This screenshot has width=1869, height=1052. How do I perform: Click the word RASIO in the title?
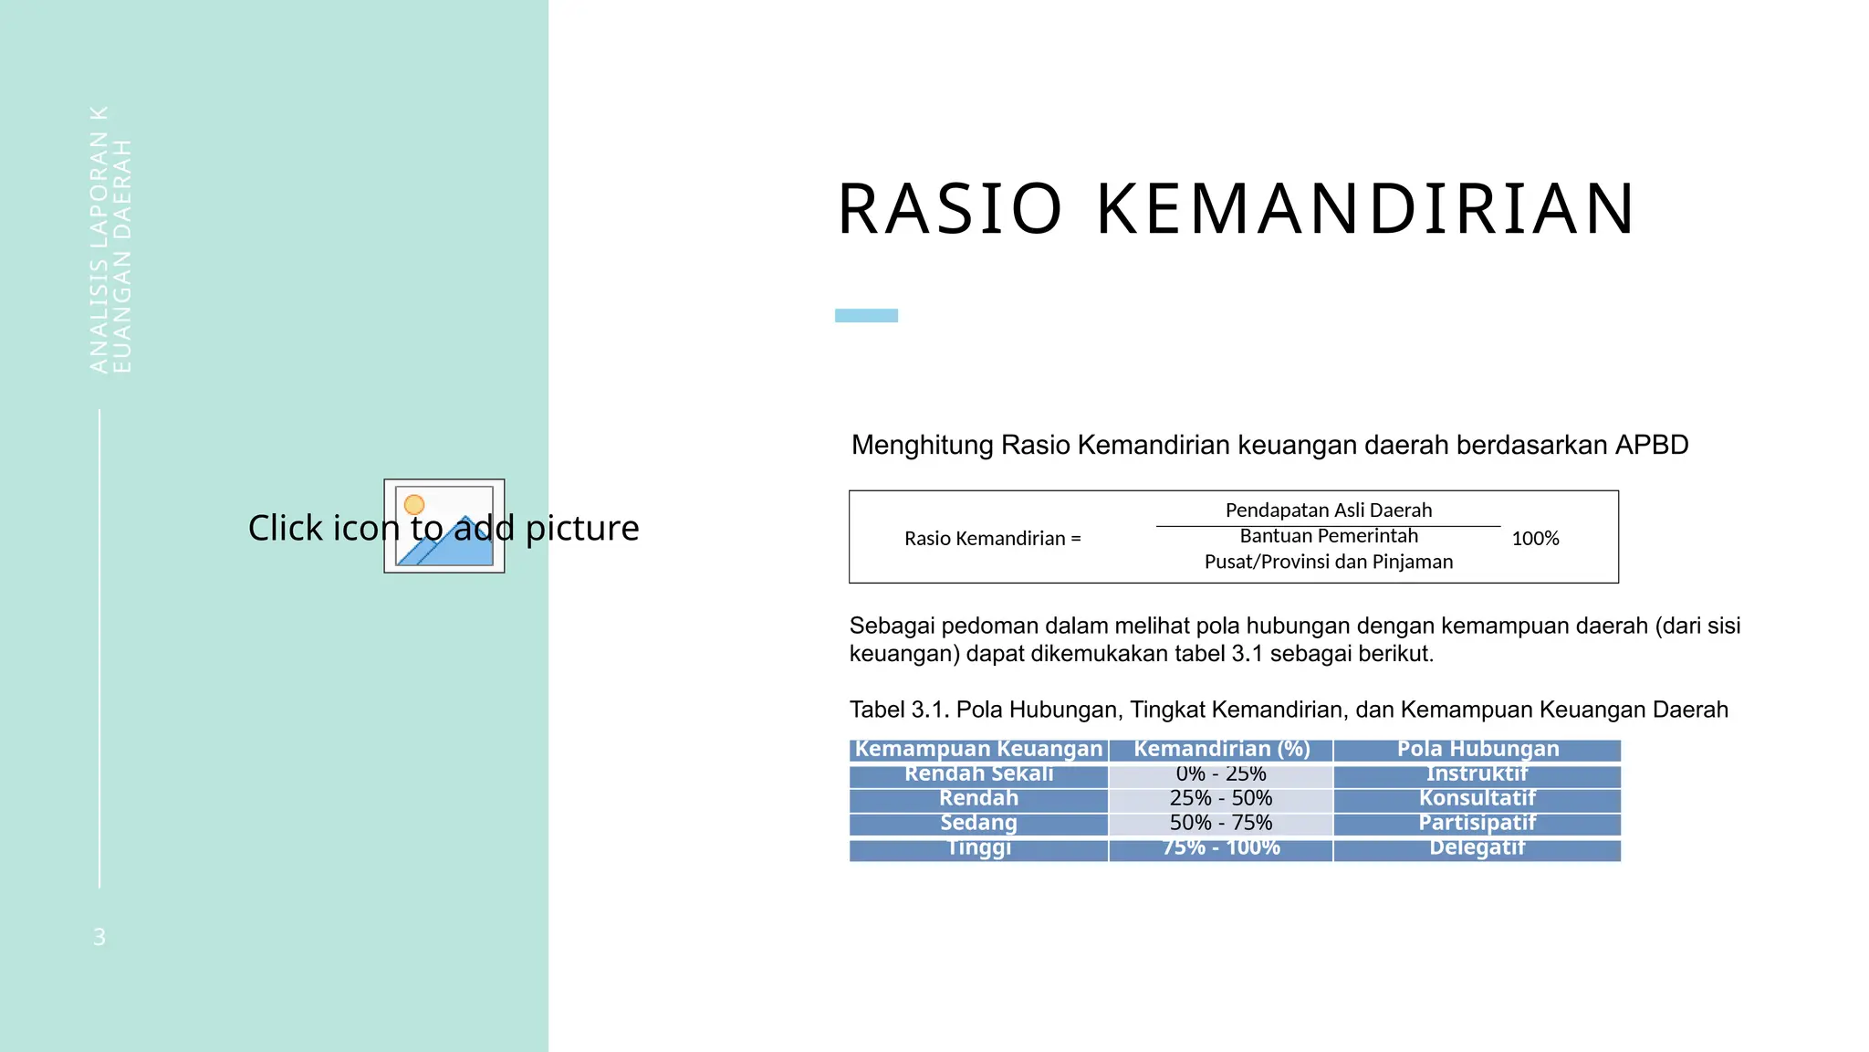(950, 210)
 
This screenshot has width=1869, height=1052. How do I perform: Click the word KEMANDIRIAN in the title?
(1366, 210)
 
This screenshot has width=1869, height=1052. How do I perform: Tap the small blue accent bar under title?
(866, 315)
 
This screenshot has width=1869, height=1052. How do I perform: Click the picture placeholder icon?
(444, 526)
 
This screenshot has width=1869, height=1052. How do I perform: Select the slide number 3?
(99, 937)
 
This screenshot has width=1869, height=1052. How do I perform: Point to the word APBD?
(1651, 446)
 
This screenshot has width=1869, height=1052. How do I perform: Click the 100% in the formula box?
(1535, 539)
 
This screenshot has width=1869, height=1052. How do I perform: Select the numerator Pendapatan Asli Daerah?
(1328, 510)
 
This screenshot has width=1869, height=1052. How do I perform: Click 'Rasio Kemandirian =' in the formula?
(992, 539)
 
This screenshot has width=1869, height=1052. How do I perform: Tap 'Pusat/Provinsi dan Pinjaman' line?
(1328, 562)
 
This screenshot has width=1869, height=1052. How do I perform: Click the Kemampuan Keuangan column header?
(978, 750)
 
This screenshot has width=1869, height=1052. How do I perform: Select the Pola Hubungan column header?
(1477, 750)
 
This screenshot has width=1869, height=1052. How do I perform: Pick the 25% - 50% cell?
(1220, 799)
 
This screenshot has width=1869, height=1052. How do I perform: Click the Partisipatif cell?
(1477, 823)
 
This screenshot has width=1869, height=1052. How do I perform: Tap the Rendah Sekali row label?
(978, 774)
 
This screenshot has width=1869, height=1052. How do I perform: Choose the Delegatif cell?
(1477, 847)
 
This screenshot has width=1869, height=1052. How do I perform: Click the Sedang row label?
(978, 823)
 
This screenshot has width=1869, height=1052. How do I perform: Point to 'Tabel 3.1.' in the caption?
(898, 710)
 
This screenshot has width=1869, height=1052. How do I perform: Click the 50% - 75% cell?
(1220, 823)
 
